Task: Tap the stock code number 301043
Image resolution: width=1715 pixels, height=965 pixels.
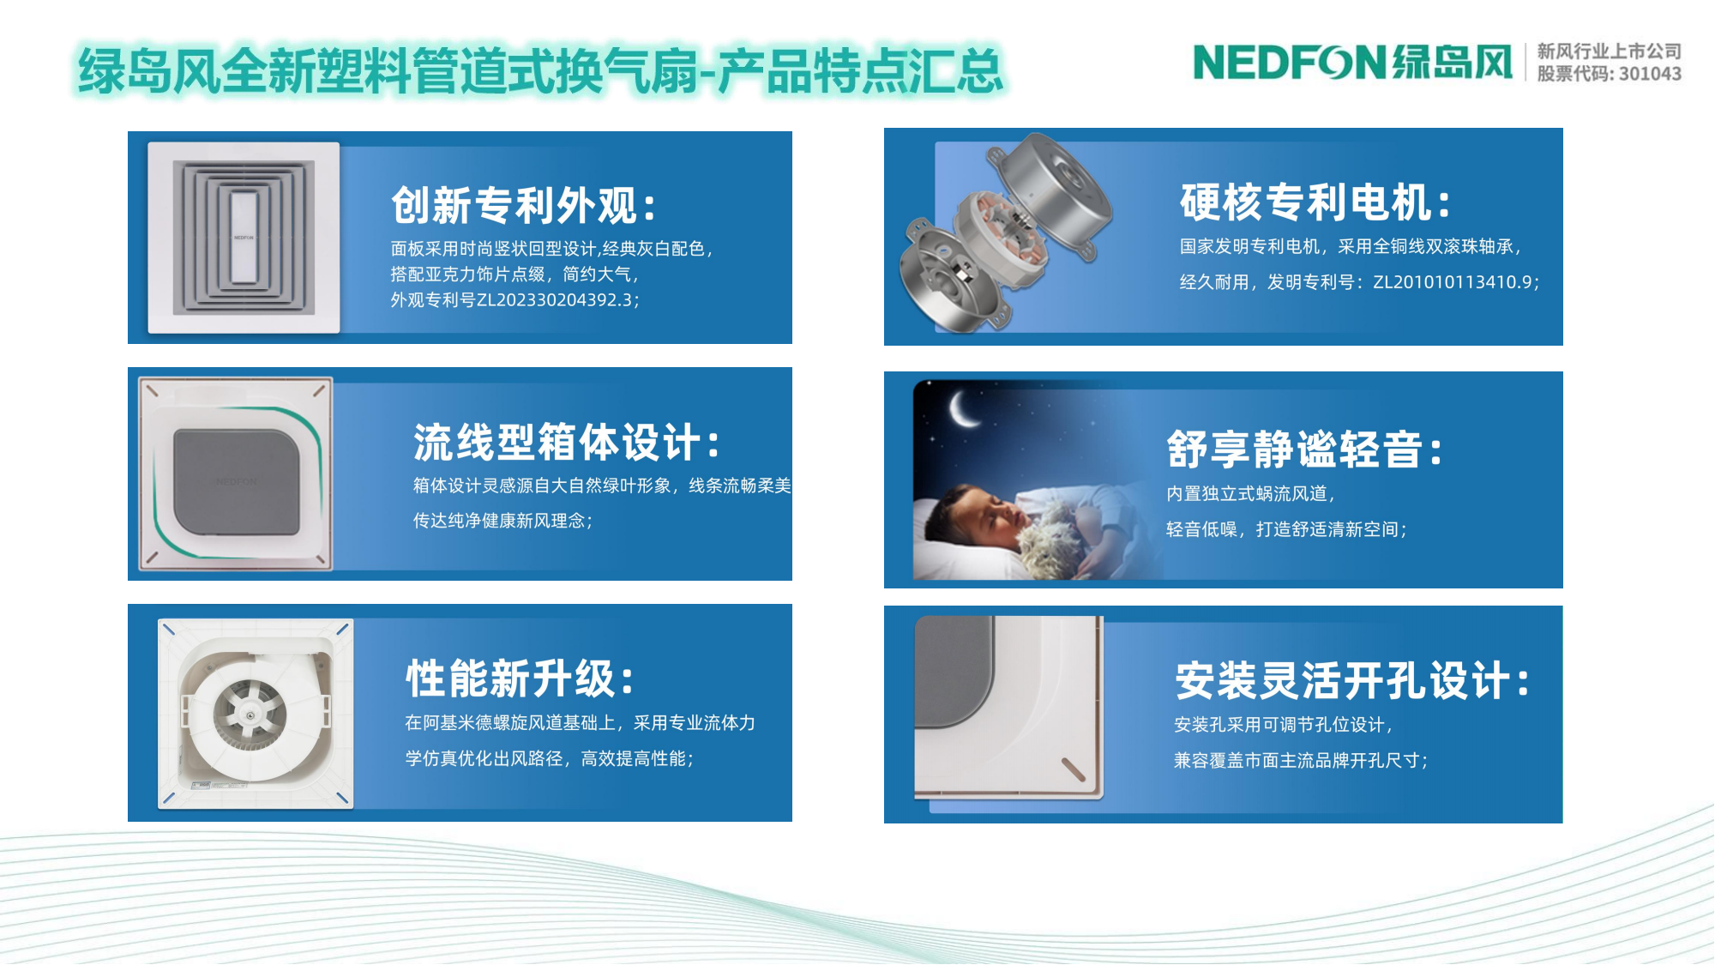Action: [x=1650, y=74]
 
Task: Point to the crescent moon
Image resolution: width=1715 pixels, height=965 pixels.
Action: [x=963, y=407]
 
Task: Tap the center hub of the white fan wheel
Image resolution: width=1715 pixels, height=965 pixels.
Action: [x=250, y=715]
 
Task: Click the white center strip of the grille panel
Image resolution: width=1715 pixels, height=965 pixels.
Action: [x=244, y=238]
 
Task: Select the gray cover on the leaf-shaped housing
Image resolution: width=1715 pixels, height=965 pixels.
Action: [x=237, y=481]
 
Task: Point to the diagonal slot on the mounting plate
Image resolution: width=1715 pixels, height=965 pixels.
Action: [x=1074, y=769]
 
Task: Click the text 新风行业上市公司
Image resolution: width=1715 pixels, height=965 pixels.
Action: [x=1609, y=51]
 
